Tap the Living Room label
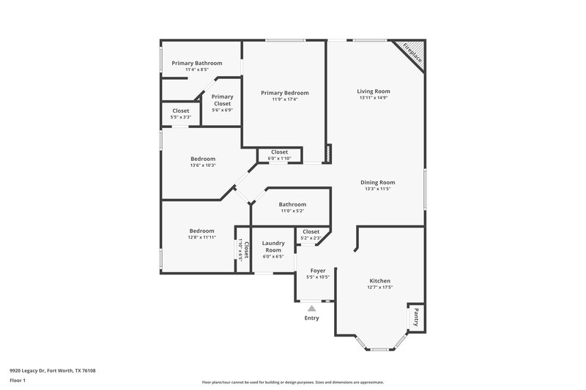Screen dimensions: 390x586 (x=374, y=91)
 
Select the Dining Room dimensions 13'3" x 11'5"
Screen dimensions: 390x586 (x=377, y=189)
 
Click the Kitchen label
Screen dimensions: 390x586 (x=379, y=281)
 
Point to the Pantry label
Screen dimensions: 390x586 (x=415, y=318)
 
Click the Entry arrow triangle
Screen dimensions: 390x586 (x=312, y=309)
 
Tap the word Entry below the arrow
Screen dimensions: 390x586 (x=312, y=318)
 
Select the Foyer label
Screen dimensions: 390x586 (x=318, y=271)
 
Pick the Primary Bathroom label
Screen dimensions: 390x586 (x=196, y=63)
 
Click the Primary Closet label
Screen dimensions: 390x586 (x=222, y=100)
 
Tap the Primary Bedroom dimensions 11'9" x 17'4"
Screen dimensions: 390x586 (x=285, y=100)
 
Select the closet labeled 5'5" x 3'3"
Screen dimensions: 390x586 (x=181, y=117)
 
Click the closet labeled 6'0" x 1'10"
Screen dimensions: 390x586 (x=279, y=158)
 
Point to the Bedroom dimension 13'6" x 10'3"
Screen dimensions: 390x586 (x=203, y=165)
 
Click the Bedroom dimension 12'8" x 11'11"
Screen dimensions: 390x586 (x=202, y=237)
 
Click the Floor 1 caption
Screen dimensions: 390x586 (x=18, y=380)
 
